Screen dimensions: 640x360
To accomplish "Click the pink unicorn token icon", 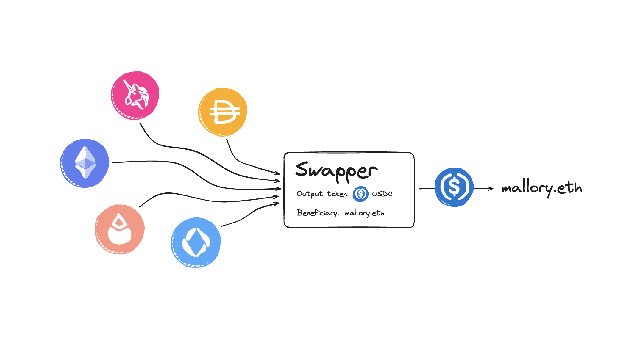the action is (x=135, y=95).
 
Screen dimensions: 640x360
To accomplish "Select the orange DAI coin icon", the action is (x=223, y=112).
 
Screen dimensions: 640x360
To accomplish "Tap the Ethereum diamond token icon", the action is (x=85, y=163).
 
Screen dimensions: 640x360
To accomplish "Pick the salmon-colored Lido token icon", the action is (x=120, y=229).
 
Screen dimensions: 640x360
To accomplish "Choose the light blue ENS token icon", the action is (x=196, y=242).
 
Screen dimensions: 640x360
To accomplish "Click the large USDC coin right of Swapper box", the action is (x=454, y=187).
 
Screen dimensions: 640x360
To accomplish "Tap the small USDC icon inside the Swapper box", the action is (x=360, y=194).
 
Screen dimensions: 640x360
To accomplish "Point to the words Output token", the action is (x=322, y=194).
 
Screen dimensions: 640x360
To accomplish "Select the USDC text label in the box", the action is (x=382, y=194).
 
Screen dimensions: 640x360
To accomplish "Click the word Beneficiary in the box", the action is (x=318, y=213).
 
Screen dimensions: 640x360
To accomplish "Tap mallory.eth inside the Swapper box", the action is (x=365, y=213).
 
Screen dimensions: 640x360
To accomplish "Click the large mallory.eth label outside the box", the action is (x=542, y=188).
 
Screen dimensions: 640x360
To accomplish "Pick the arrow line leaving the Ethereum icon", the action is (x=179, y=164).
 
